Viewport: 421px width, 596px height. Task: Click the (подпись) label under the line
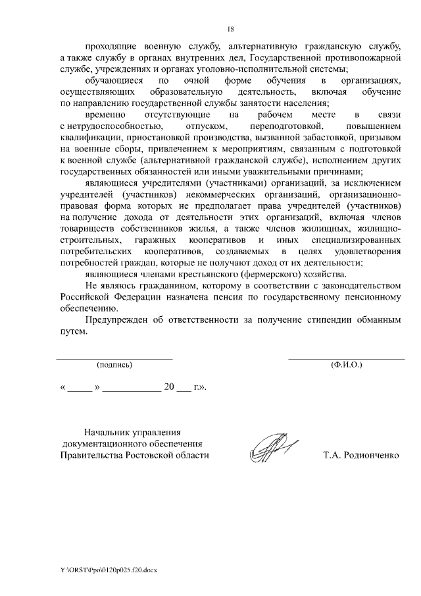114,364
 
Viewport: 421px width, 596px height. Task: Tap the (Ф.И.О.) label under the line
346,364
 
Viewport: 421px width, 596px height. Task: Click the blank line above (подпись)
114,358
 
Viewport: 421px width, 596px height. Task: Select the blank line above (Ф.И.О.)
346,358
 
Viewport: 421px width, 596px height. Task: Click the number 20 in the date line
168,387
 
